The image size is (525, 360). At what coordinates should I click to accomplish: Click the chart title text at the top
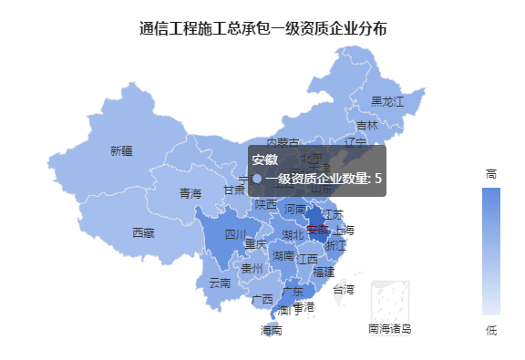point(262,29)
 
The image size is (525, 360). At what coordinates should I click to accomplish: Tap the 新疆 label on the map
point(121,150)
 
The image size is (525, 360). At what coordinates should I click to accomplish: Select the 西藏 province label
point(143,233)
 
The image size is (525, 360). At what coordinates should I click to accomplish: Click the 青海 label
point(190,193)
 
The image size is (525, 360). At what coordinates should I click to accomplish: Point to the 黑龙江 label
point(387,101)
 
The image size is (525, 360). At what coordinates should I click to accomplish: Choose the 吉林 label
point(367,126)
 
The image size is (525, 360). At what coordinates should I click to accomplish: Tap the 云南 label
point(221,283)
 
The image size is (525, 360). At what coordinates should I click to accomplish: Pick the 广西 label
point(262,298)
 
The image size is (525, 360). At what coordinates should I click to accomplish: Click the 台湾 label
point(344,289)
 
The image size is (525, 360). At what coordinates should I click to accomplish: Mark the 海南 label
point(272,330)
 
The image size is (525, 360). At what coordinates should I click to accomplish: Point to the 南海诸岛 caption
point(390,328)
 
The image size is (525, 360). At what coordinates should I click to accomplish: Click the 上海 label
point(345,229)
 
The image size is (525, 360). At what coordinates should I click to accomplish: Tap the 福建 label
point(324,272)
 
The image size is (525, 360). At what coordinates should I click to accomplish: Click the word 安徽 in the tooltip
point(265,160)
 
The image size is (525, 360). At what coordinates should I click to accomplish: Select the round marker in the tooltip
point(257,179)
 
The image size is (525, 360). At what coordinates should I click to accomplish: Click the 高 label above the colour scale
point(491,173)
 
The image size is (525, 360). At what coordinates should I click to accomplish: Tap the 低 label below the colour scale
point(491,331)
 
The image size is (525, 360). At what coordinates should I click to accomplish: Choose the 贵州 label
point(252,269)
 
